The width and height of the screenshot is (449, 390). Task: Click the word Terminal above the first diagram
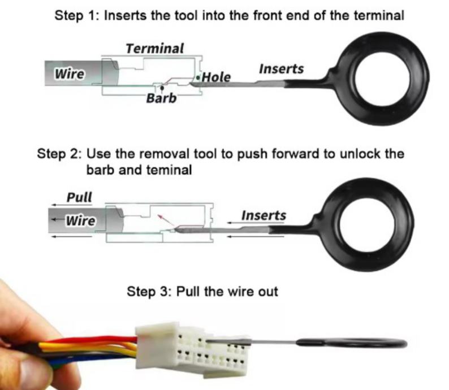[154, 49]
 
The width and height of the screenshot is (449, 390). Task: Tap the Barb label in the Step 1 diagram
[161, 98]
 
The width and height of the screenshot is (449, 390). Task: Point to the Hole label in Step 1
[216, 77]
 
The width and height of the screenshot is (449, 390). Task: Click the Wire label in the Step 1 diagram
[70, 73]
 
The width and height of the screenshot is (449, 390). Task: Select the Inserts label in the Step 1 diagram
[281, 69]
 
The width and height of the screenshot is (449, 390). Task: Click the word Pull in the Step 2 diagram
[79, 197]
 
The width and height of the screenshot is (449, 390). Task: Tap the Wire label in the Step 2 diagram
[81, 220]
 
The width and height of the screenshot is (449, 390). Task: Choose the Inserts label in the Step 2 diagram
[264, 215]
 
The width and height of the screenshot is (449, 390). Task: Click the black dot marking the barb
[162, 88]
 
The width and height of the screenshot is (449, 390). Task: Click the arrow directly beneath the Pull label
[72, 205]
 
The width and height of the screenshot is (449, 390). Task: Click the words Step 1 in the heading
[76, 15]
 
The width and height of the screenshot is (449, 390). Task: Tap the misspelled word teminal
[169, 170]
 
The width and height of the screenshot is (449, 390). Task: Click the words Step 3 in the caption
[149, 292]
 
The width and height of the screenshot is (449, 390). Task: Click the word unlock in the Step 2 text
[360, 154]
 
